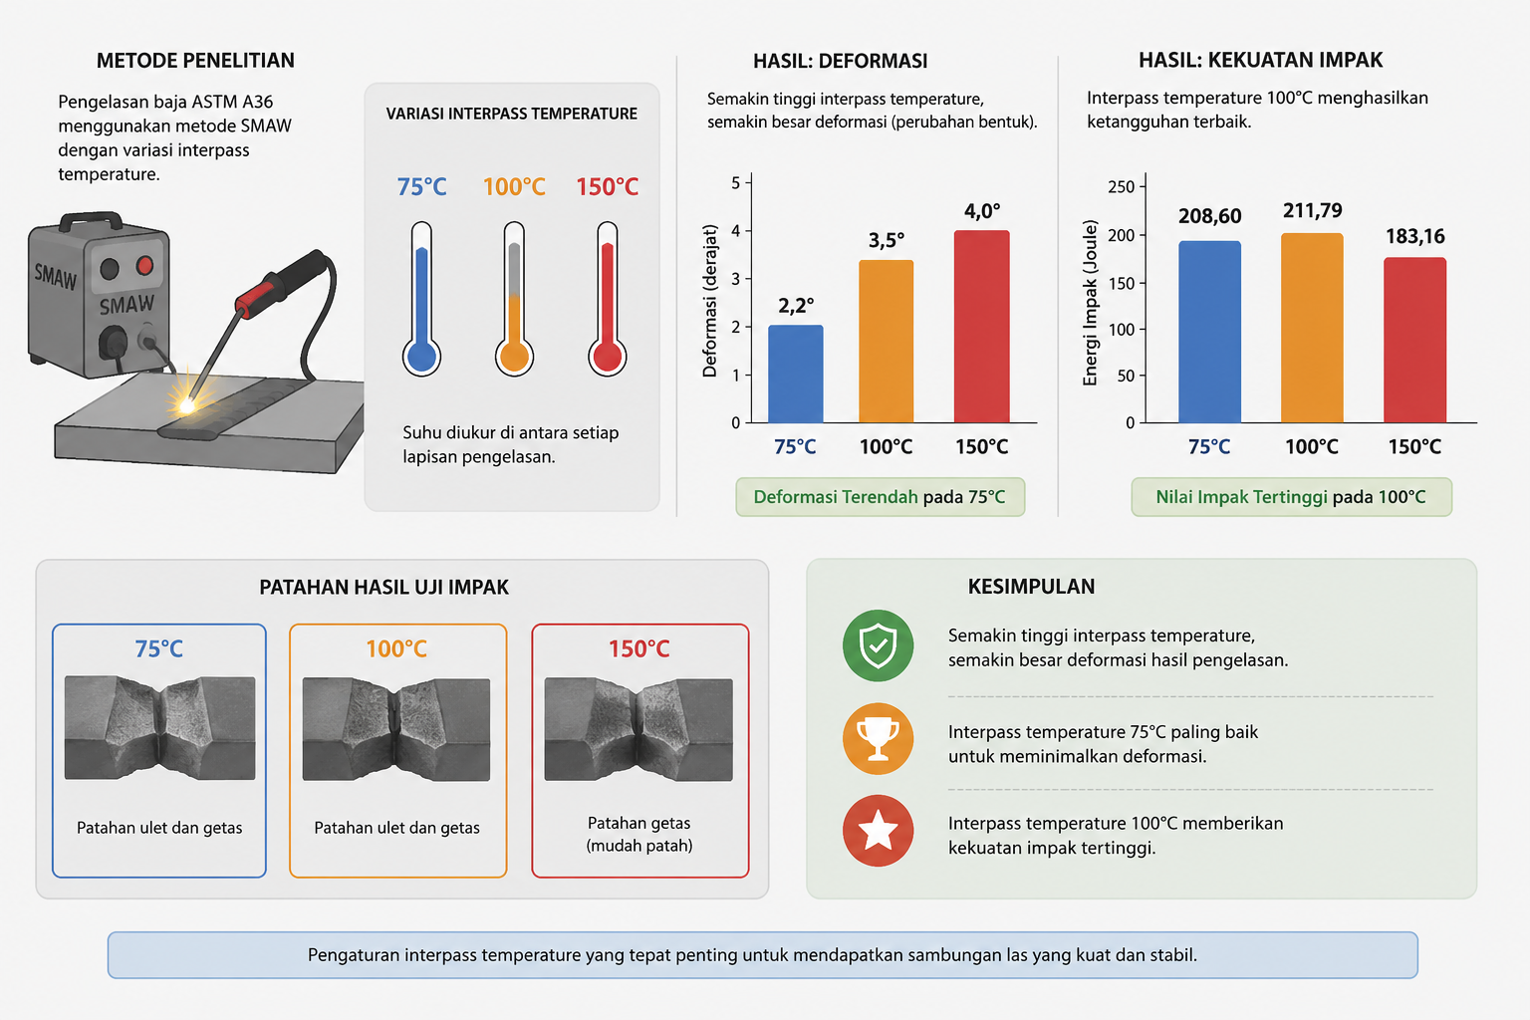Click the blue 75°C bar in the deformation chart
pos(795,374)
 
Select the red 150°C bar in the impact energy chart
pos(1414,341)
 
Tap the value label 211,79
pos(1312,210)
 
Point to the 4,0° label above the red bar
pos(981,211)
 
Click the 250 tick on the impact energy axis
pos(1121,186)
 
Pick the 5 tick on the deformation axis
pos(736,183)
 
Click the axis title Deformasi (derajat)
pos(710,301)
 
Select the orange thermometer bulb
pos(514,356)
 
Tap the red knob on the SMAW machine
pos(144,265)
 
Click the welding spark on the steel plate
pos(185,404)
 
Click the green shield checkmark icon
pos(878,645)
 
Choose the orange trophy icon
pos(878,738)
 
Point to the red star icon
pos(878,831)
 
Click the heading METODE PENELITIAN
pos(195,61)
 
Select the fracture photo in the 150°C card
pos(638,729)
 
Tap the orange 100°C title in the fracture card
pos(396,648)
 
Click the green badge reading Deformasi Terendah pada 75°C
pos(880,497)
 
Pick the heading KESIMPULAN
pos(1031,586)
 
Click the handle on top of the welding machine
pos(91,220)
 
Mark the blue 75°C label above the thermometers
pos(421,186)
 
